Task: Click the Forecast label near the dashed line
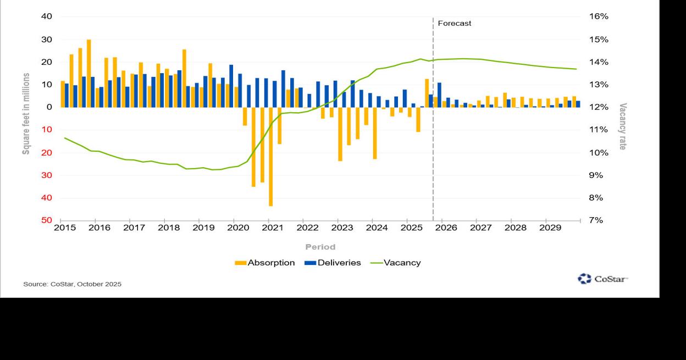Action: [x=454, y=24]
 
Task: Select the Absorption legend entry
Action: [x=265, y=263]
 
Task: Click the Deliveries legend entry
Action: [x=333, y=263]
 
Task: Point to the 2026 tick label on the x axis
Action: [x=446, y=228]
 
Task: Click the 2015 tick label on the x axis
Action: [x=65, y=228]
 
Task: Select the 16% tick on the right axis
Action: [x=599, y=16]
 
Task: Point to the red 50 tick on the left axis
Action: [x=47, y=220]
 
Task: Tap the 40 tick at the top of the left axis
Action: [x=47, y=16]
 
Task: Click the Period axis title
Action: [x=320, y=247]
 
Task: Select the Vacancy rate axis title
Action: [x=622, y=126]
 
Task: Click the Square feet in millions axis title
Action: [x=26, y=114]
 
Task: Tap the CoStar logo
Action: [x=602, y=279]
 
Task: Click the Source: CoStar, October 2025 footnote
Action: [x=72, y=284]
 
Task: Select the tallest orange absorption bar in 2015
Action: [x=88, y=73]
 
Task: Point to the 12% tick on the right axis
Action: [x=599, y=107]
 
